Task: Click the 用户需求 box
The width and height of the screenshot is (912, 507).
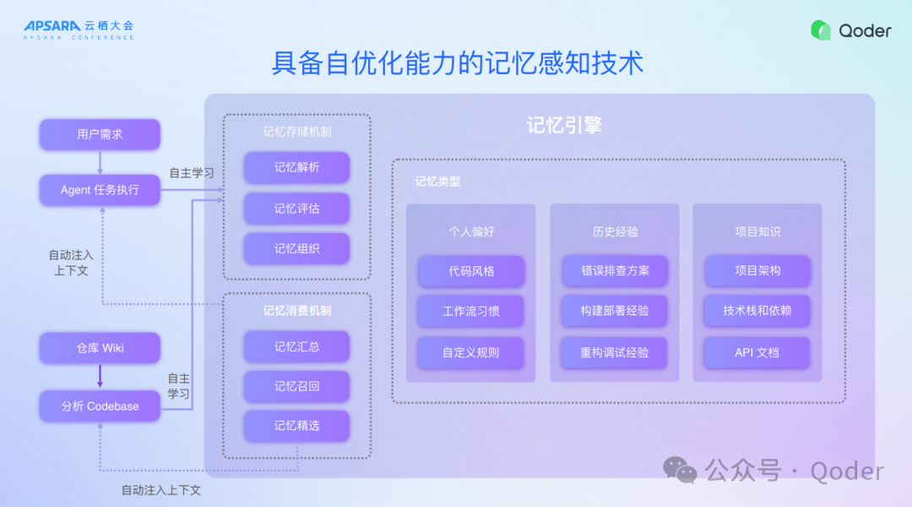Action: click(x=100, y=134)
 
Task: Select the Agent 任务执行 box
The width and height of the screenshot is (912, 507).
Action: click(x=100, y=190)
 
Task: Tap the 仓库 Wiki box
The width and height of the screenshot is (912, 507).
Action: click(x=100, y=348)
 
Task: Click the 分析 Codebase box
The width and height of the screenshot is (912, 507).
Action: click(x=100, y=406)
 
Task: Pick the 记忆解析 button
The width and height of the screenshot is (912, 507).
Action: click(x=296, y=167)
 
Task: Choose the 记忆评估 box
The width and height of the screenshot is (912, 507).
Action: click(x=296, y=209)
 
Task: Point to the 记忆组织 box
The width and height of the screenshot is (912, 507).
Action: click(x=296, y=249)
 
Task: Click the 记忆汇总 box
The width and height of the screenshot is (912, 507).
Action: click(x=296, y=346)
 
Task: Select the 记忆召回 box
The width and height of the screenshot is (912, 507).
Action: click(x=296, y=386)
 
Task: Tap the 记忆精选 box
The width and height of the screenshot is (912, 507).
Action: click(x=296, y=426)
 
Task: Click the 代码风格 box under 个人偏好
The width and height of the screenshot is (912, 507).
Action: click(x=471, y=271)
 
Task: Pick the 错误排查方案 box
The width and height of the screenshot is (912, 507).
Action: click(x=614, y=271)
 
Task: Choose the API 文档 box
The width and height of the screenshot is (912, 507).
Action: click(x=757, y=352)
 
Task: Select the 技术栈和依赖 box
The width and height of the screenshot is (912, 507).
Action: click(x=757, y=311)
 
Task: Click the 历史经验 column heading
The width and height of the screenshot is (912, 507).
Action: click(x=614, y=232)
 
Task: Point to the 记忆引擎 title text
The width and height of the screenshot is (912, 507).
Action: click(x=564, y=126)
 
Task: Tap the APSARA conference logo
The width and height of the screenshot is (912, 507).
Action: click(x=79, y=30)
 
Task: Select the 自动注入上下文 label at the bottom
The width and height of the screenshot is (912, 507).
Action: click(x=160, y=490)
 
